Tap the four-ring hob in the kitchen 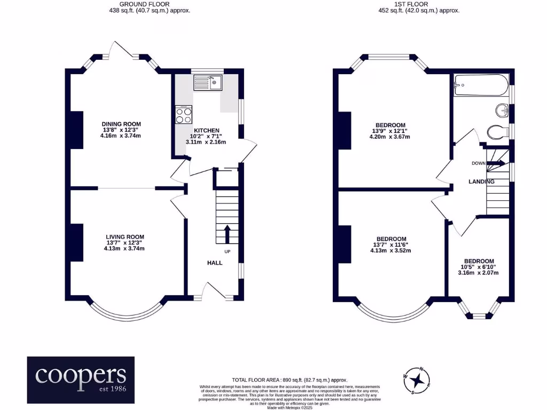point(184,114)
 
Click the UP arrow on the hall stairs point(227,233)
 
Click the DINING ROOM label point(121,124)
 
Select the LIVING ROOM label point(125,236)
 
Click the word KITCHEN point(206,131)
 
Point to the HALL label point(215,263)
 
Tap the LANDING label point(481,182)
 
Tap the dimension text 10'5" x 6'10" point(478,267)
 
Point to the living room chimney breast point(76,242)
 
